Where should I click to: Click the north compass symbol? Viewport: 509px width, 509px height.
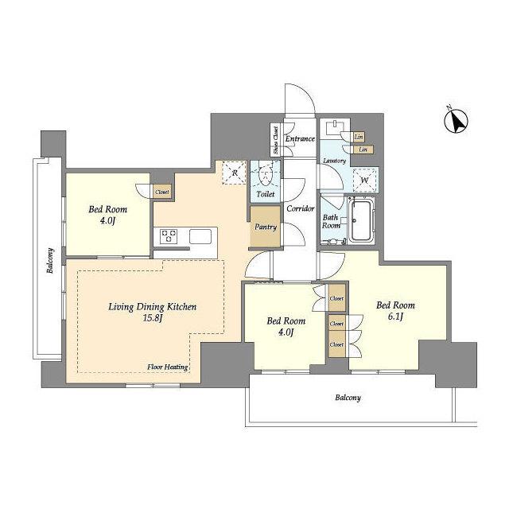point(456,121)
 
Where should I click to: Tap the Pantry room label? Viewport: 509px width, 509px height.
point(266,227)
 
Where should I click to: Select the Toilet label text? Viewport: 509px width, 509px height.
point(266,194)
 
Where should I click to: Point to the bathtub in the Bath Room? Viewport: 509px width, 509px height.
point(361,221)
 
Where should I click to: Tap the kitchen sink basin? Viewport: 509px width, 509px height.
point(200,236)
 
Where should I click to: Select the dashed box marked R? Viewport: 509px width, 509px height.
point(235,173)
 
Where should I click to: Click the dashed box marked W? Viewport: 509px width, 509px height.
point(364,181)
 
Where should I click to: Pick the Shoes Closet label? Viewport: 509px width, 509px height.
point(276,140)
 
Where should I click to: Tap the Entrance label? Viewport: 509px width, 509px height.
point(300,138)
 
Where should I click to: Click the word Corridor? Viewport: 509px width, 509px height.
point(301,208)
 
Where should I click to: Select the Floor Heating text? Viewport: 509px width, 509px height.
point(168,367)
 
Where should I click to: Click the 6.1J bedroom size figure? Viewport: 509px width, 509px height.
point(395,317)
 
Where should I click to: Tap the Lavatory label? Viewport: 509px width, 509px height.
point(334,161)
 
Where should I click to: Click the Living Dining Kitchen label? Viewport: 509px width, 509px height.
point(152,307)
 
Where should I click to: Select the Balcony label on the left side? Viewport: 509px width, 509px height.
point(50,261)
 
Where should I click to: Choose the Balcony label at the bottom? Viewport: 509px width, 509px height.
point(348,398)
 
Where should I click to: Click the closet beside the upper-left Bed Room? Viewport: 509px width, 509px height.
point(161,192)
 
